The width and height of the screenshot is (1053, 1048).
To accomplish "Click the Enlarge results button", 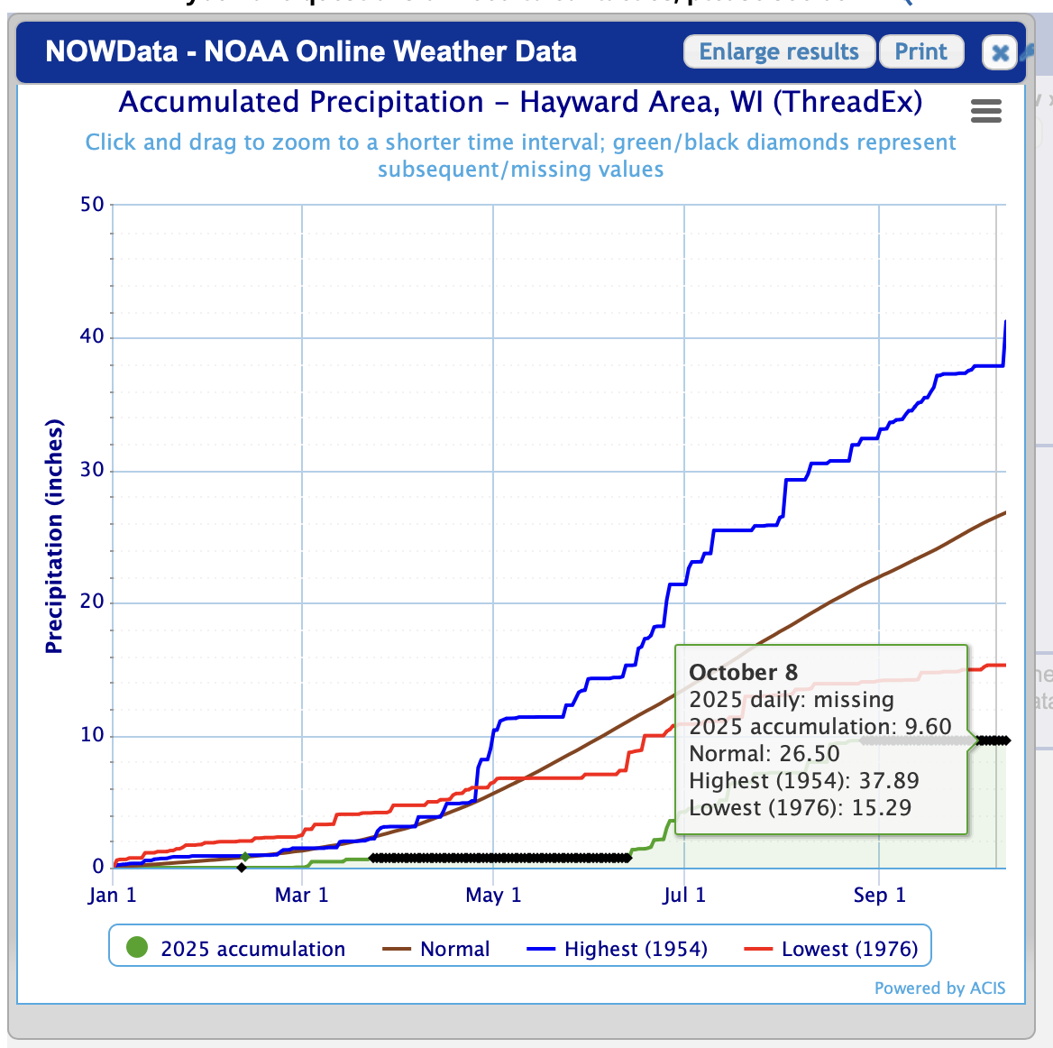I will tap(779, 51).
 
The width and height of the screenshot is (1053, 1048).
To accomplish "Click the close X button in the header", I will tap(1000, 53).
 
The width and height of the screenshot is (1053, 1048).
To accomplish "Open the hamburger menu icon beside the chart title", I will tap(986, 112).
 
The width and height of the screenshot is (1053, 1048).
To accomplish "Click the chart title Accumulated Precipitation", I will tap(520, 102).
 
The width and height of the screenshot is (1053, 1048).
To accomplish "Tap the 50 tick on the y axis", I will tap(93, 205).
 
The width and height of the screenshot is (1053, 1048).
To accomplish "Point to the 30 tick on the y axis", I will tap(93, 470).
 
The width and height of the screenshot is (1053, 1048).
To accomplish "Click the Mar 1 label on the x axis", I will tap(301, 895).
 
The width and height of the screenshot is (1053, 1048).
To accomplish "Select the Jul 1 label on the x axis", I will tap(684, 895).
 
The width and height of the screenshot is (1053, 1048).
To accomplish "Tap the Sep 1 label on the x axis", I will tap(879, 895).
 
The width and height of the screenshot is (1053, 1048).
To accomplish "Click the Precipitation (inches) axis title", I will tap(55, 536).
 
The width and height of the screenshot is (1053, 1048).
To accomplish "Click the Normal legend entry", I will tap(436, 949).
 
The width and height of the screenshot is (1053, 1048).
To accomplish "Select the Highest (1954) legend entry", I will tap(618, 949).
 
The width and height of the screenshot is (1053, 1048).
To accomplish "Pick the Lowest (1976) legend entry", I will tap(832, 949).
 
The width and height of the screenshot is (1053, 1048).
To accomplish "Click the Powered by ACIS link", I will tap(939, 988).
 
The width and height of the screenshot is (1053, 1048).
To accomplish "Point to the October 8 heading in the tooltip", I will tap(743, 672).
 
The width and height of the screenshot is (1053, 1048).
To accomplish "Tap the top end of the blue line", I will tap(1005, 322).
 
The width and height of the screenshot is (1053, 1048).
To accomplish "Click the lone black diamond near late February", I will tap(242, 868).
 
